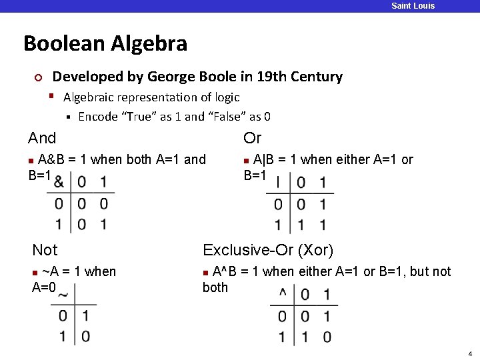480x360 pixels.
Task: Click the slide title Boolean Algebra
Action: coord(105,44)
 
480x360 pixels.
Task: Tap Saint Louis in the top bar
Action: coord(413,6)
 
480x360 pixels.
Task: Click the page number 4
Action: coord(470,353)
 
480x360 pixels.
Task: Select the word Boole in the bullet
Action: coord(231,77)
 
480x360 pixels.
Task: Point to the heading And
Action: coord(42,138)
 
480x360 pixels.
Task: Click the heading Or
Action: coord(253,138)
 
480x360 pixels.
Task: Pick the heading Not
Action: coord(45,250)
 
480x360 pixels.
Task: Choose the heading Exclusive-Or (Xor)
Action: coord(268,250)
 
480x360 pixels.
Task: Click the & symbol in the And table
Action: coord(59,181)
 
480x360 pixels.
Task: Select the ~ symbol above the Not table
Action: coord(63,295)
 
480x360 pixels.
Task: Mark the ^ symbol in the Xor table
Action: coord(283,293)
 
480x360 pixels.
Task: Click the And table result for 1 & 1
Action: coord(103,224)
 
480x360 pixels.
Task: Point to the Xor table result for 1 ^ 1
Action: coord(326,337)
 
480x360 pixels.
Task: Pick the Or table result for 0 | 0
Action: coord(301,204)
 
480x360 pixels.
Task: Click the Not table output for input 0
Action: coord(85,315)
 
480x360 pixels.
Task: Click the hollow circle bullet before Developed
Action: coord(38,78)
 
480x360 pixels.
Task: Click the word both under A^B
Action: coord(215,287)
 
